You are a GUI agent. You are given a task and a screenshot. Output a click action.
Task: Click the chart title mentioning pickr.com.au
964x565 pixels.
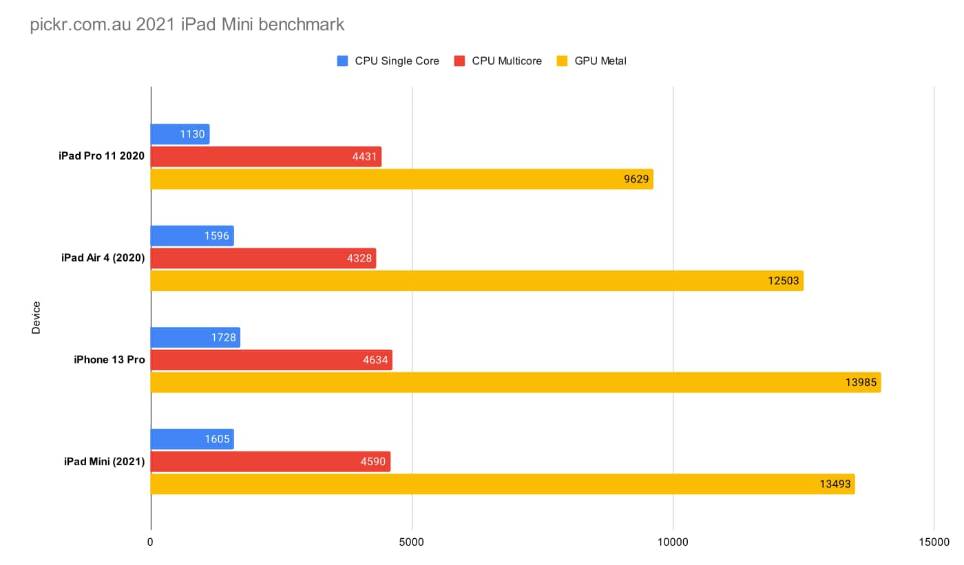tap(187, 25)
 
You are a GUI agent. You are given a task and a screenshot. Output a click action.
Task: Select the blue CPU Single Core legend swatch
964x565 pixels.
tap(342, 61)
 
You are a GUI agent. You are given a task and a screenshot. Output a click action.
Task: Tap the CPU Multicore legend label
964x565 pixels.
tap(507, 61)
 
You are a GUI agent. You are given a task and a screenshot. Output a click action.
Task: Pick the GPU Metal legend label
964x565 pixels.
tap(600, 61)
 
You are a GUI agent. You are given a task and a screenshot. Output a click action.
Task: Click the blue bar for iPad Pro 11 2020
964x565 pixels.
tap(180, 134)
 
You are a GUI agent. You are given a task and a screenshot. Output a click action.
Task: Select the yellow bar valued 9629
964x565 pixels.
tap(401, 179)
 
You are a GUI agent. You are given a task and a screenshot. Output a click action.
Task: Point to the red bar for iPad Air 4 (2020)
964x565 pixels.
tap(263, 258)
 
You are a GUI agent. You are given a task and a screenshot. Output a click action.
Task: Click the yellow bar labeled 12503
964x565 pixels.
tap(476, 281)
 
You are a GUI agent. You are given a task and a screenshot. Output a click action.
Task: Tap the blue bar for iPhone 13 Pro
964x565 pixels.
tap(195, 337)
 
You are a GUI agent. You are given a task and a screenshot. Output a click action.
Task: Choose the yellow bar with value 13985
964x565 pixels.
tap(515, 382)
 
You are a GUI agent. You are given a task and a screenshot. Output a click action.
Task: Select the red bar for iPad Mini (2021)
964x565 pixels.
tap(270, 461)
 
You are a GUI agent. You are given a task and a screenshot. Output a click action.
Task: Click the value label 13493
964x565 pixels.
tap(835, 484)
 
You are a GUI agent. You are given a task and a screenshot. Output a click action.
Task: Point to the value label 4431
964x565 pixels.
tap(364, 157)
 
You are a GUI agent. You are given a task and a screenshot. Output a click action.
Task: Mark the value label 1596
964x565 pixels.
tap(216, 236)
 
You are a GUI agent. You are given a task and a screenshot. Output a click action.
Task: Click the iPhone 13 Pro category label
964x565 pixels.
tap(109, 359)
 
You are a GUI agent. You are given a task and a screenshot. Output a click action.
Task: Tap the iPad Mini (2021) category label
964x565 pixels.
tap(103, 461)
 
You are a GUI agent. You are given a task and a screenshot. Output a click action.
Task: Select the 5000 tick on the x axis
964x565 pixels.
tap(412, 542)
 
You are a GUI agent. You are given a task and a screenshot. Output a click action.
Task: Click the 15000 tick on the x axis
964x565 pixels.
tap(934, 542)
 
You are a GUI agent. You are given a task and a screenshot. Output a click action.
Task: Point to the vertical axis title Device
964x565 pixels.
tap(36, 317)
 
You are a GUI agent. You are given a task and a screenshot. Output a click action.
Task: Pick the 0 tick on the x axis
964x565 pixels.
tap(150, 542)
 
